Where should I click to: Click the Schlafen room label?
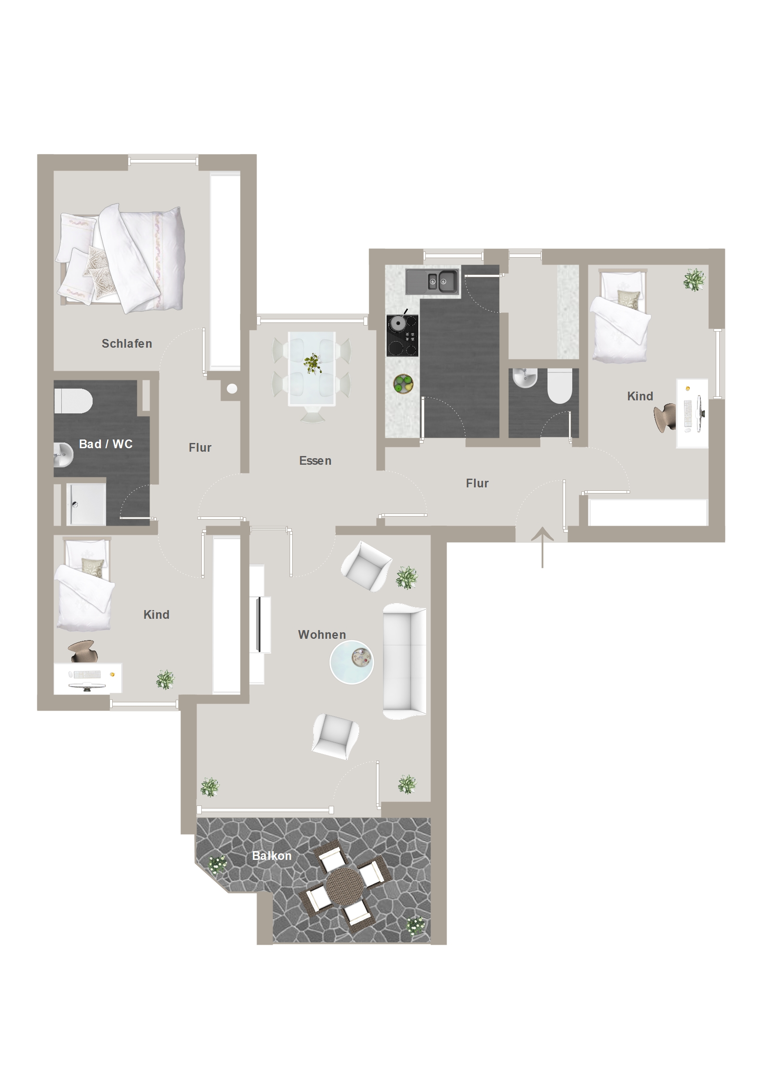click(127, 343)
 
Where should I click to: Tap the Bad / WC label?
click(106, 444)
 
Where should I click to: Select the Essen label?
click(315, 461)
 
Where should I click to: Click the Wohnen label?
click(322, 634)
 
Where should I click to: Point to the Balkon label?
click(271, 856)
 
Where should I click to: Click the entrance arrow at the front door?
click(543, 547)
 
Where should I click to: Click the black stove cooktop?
click(402, 336)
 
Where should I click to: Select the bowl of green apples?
click(403, 384)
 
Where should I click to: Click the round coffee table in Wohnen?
click(352, 662)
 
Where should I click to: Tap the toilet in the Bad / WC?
click(73, 401)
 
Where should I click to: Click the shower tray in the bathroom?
click(86, 504)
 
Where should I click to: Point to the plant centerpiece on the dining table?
click(312, 363)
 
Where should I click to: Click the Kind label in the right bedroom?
click(640, 396)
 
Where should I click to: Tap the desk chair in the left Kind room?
click(83, 651)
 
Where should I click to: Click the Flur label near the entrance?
click(477, 483)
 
